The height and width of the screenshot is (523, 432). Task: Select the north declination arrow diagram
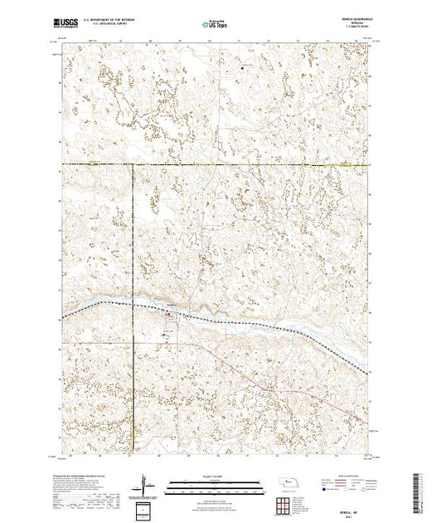point(146,483)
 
